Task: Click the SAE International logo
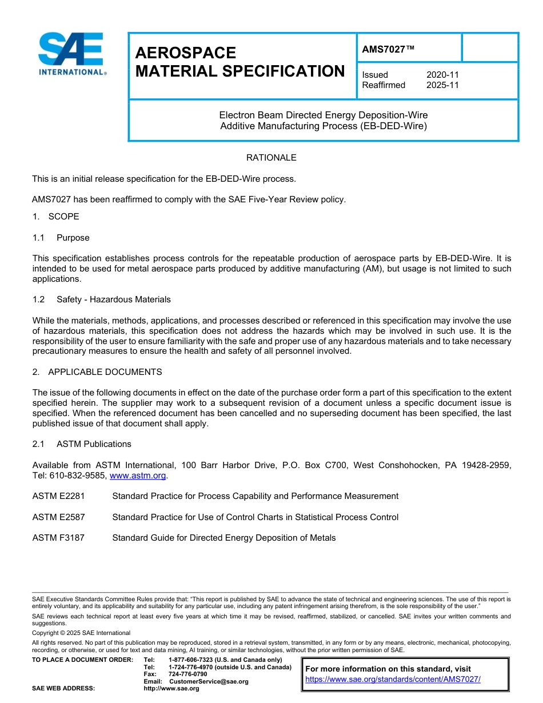[x=72, y=55]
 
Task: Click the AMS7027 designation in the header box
[x=388, y=50]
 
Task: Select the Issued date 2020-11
[x=442, y=75]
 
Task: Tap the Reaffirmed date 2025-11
[x=442, y=85]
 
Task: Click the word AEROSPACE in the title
[x=185, y=53]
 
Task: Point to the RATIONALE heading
[x=271, y=158]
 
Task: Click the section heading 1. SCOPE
[x=55, y=217]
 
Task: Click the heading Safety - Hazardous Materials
[x=113, y=299]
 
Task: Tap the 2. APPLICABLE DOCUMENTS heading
[x=97, y=372]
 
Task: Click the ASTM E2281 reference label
[x=58, y=496]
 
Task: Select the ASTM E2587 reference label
[x=58, y=517]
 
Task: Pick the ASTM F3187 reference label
[x=58, y=538]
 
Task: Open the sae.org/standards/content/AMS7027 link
[x=393, y=680]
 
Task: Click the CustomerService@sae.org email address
[x=209, y=681]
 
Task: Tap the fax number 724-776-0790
[x=187, y=674]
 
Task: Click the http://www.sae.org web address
[x=171, y=689]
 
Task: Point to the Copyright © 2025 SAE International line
[x=81, y=633]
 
